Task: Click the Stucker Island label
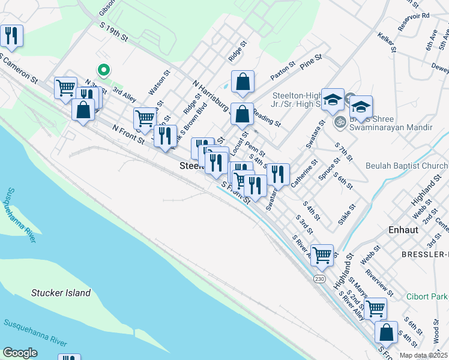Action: [61, 293]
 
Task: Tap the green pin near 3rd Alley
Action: [104, 71]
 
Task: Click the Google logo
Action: [20, 353]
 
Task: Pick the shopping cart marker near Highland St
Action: [322, 254]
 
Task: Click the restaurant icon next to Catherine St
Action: [278, 174]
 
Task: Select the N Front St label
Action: [128, 135]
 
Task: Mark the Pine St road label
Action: [312, 63]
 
